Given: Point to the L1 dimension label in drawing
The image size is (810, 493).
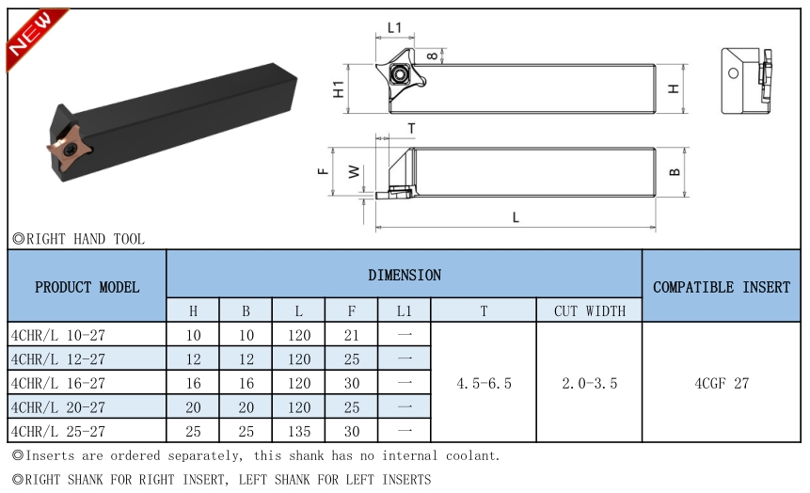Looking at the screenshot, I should (395, 28).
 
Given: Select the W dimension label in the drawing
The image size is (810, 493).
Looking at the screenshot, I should (354, 172).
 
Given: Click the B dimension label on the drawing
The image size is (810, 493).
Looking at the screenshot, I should (675, 172).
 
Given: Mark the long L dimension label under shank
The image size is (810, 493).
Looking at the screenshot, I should (516, 217).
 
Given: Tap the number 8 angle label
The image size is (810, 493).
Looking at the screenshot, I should (431, 56).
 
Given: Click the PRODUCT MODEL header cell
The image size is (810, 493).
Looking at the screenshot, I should (87, 287).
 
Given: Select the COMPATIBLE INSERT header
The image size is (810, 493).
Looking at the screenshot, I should (722, 287).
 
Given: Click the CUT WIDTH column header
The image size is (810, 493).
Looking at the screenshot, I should (589, 310).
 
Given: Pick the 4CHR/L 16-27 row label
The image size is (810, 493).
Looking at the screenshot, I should (57, 383).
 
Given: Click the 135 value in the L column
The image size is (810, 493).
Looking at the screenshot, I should (298, 431).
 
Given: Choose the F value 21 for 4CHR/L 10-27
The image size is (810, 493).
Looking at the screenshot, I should (351, 335).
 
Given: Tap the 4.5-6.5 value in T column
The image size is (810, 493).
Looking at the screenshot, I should (484, 383).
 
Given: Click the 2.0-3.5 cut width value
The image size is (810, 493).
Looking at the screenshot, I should (589, 383).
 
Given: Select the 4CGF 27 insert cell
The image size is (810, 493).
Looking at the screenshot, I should (722, 383).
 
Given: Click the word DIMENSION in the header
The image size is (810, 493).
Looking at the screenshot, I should (405, 275).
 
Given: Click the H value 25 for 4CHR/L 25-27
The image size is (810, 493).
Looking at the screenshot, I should (193, 431).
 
